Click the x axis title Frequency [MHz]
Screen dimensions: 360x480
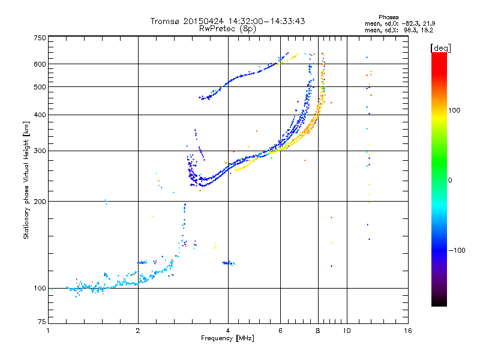click(x=228, y=338)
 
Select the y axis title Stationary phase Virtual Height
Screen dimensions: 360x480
click(x=26, y=180)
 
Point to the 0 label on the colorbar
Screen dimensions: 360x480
click(x=450, y=180)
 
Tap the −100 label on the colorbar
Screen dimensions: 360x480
click(x=457, y=250)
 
